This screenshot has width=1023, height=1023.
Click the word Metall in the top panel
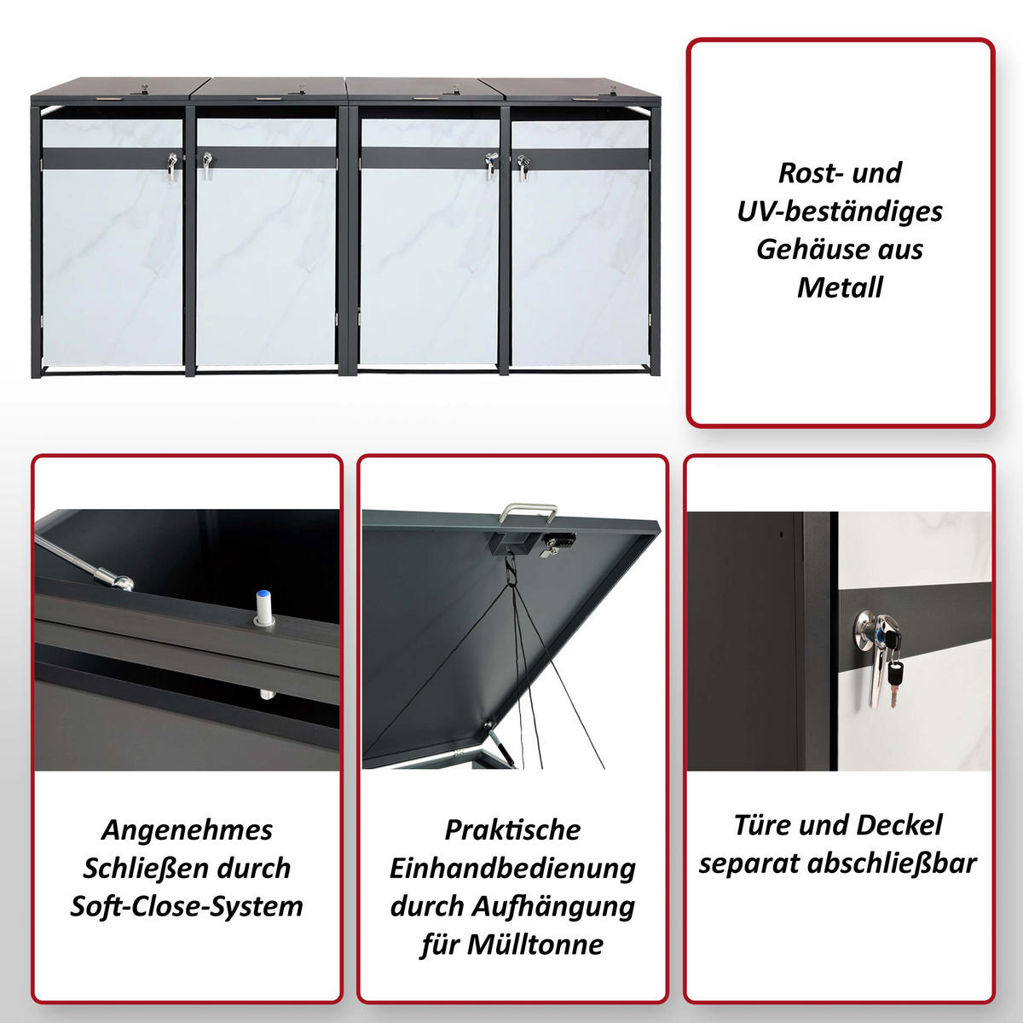pos(840,288)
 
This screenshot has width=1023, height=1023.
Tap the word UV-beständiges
pos(840,211)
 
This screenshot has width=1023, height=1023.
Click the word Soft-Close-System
pos(187,906)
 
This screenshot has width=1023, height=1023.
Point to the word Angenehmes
pos(187,830)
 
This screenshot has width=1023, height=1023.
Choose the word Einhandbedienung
pos(512,869)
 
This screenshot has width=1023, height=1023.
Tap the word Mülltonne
pos(535,945)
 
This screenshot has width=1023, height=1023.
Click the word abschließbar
pos(892,864)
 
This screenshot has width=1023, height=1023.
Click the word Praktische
pos(512,830)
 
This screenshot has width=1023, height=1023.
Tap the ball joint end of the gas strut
pos(123,583)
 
